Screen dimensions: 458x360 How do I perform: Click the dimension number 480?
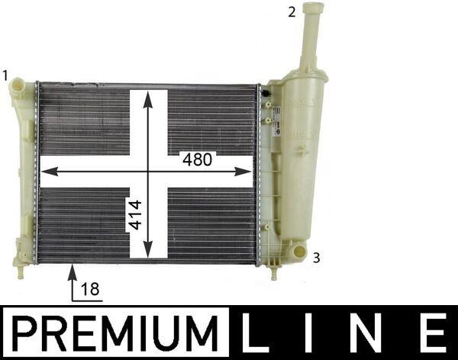tap(197, 159)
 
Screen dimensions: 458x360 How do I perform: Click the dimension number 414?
tap(135, 215)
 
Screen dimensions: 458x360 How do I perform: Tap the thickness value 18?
tap(90, 289)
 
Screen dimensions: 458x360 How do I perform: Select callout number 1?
tap(5, 76)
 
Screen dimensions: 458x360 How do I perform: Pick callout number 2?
tap(292, 12)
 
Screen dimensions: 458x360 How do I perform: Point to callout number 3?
tap(316, 258)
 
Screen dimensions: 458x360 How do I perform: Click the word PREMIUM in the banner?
tap(115, 333)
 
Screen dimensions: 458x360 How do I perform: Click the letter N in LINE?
tap(368, 333)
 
